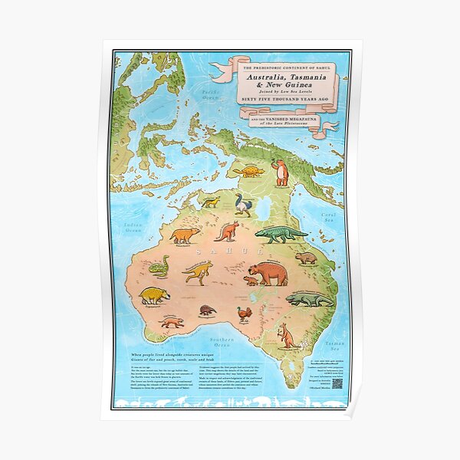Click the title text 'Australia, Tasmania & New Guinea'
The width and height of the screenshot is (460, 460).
(x=287, y=83)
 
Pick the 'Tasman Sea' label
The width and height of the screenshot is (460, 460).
(x=335, y=347)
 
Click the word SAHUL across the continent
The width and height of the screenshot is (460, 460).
(x=230, y=250)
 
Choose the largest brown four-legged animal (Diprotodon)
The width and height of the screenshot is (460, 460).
(x=267, y=271)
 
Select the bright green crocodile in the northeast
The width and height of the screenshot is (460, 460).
(x=280, y=234)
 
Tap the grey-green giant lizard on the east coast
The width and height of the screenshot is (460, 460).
(x=309, y=299)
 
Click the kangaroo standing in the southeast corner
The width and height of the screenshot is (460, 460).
(x=287, y=335)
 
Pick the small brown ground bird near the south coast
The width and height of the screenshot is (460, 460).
(x=244, y=314)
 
